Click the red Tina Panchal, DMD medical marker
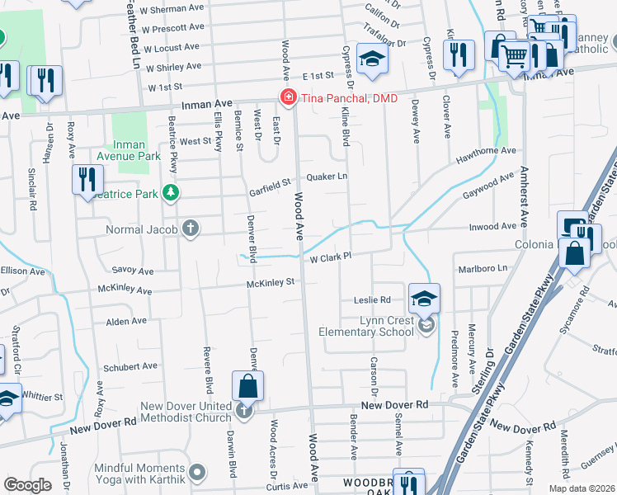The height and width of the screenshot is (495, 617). [288, 98]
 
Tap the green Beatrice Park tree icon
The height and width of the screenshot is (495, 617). [171, 193]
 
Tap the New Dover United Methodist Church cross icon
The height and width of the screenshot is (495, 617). [243, 410]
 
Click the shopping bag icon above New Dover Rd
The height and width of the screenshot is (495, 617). [247, 384]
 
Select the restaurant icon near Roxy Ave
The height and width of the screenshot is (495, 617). [87, 178]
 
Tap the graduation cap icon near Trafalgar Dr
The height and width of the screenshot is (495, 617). [373, 58]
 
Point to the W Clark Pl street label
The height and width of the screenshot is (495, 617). [331, 257]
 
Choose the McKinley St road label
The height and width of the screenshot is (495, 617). [270, 283]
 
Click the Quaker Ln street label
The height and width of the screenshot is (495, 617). [327, 177]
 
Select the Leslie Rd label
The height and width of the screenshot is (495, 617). [372, 299]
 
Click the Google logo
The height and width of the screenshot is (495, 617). [27, 485]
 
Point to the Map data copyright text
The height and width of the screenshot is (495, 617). [582, 488]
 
